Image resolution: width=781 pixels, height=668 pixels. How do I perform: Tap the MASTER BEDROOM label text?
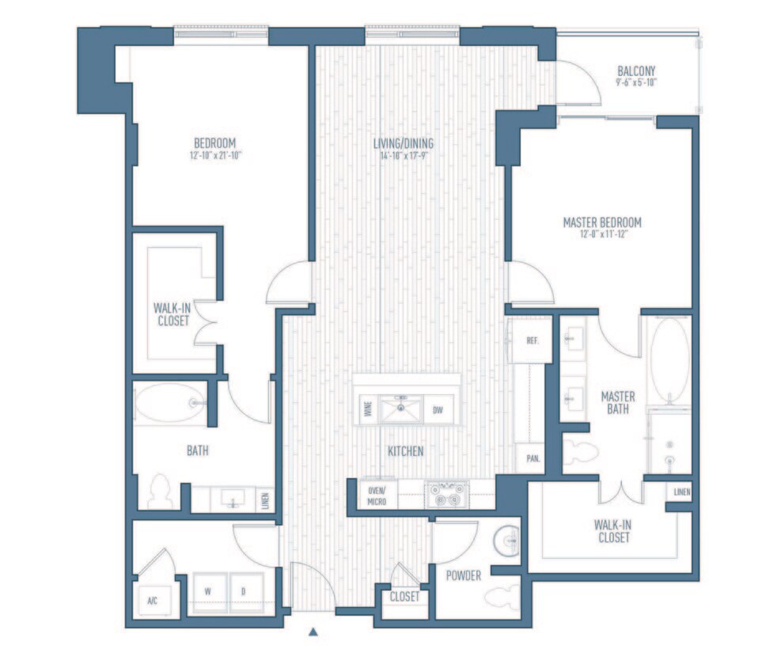pos(601,222)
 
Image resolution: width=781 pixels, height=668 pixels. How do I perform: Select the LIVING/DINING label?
pos(404,143)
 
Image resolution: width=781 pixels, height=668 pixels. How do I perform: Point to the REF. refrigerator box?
pos(532,340)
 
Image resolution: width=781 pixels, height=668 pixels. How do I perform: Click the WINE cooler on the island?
pos(367,410)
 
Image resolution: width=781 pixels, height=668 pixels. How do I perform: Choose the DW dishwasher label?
pos(438,410)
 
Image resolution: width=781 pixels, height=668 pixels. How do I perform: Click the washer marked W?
pos(207,590)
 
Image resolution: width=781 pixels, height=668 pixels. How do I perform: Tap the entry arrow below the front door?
pos(313,632)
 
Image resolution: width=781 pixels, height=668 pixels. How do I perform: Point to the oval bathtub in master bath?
pos(669,360)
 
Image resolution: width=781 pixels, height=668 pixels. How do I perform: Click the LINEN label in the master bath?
pos(681,492)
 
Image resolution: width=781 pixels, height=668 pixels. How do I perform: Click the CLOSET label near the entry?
pos(404,597)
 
